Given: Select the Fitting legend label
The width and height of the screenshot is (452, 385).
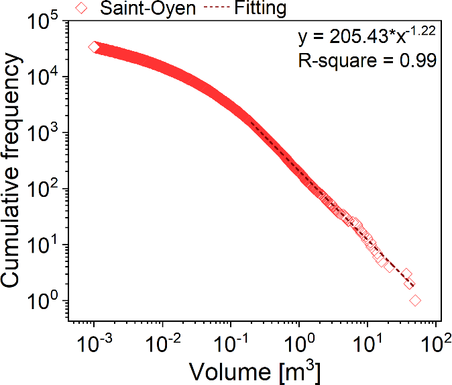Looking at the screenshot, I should point(257,9).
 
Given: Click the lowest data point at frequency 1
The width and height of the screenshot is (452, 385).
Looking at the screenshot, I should point(415,300).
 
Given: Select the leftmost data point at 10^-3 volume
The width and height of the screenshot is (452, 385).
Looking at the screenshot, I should point(94,47).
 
